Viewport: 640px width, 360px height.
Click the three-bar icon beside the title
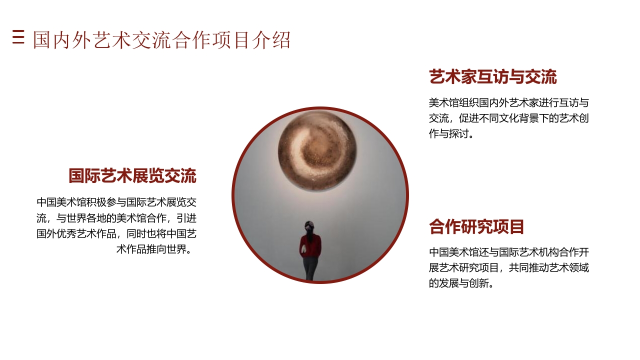click(18, 37)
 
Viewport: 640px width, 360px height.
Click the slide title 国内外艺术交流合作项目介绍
click(161, 40)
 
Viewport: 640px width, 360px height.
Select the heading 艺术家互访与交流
click(492, 77)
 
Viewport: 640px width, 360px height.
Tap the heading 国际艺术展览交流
click(132, 176)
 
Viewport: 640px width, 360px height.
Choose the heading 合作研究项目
click(476, 227)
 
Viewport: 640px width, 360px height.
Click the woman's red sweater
click(310, 246)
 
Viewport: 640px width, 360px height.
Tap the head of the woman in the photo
click(309, 226)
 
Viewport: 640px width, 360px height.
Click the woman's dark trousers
click(310, 268)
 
